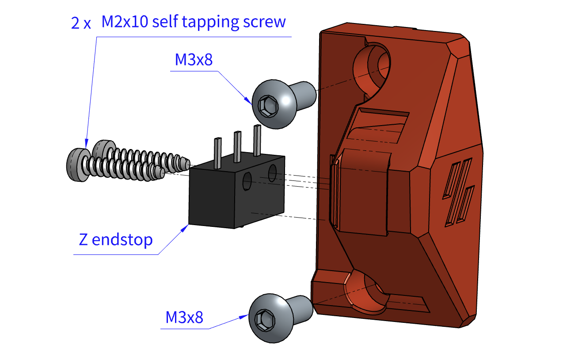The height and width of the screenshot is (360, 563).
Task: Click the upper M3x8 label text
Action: click(x=194, y=60)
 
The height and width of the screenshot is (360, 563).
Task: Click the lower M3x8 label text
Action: click(x=184, y=317)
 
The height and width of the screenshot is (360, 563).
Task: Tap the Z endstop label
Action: click(x=116, y=240)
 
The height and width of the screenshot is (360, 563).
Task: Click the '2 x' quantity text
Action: click(x=81, y=23)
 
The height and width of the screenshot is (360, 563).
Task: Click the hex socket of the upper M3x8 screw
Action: click(x=267, y=106)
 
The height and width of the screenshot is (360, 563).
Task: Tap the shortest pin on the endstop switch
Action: click(x=217, y=153)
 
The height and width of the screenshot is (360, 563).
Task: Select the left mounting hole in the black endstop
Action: click(x=247, y=182)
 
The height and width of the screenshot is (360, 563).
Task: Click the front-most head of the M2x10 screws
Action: click(x=76, y=165)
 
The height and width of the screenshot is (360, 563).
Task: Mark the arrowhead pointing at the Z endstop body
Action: click(x=186, y=227)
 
